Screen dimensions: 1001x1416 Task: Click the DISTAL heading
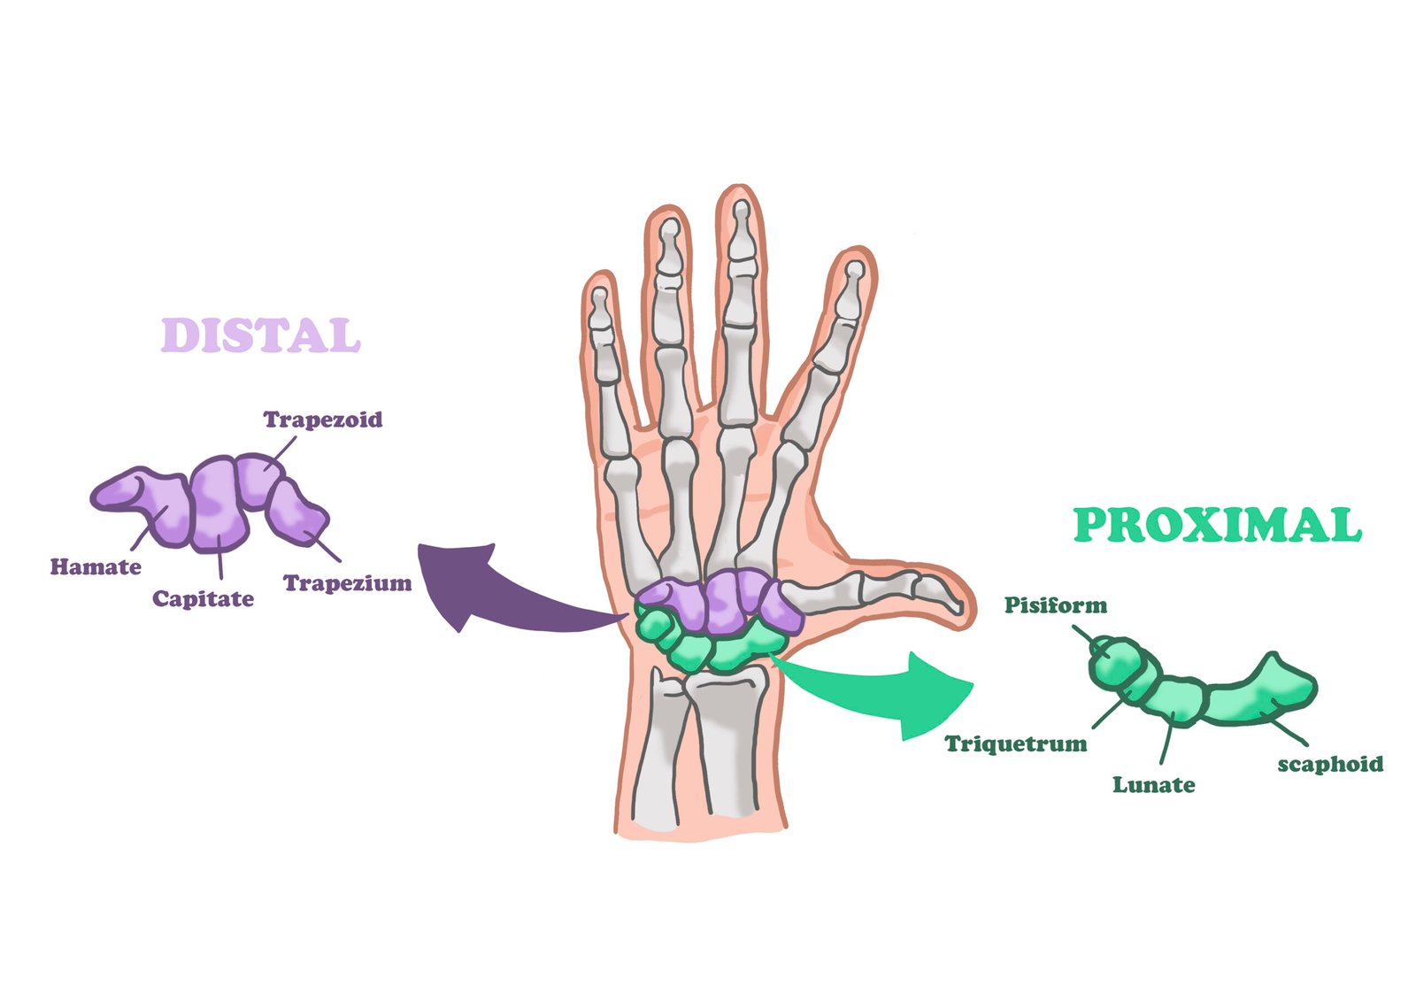point(261,335)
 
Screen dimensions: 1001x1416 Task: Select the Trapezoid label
point(323,420)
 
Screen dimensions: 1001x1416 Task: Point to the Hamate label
point(96,566)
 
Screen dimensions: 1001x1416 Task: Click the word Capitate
point(203,599)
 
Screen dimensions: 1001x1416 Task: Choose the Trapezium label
point(347,583)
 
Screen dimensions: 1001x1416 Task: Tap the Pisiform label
point(1055,605)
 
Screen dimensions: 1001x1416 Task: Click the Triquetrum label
point(1016,743)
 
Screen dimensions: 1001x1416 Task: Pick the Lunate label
point(1153,785)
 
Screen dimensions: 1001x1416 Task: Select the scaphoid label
point(1329,764)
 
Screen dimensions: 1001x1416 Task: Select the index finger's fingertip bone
point(852,279)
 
